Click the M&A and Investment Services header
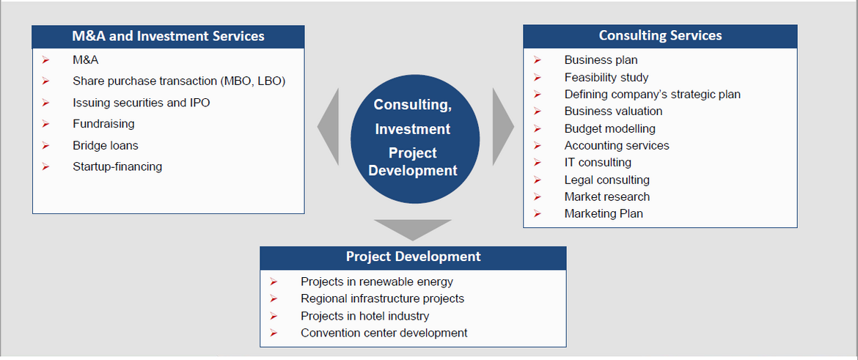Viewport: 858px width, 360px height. click(x=168, y=36)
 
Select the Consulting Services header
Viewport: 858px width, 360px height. click(x=660, y=36)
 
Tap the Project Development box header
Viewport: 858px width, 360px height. click(x=413, y=257)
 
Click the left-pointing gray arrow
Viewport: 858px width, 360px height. click(x=329, y=126)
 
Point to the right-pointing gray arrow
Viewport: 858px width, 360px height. click(x=503, y=126)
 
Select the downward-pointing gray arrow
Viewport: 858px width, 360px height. click(x=413, y=229)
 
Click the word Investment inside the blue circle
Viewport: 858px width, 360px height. click(x=413, y=129)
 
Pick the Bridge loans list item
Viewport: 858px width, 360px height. click(x=106, y=145)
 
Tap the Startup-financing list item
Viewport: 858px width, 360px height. click(x=117, y=167)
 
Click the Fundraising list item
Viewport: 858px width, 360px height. click(x=103, y=124)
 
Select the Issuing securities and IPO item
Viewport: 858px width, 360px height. click(x=142, y=103)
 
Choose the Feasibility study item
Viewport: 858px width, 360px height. click(x=606, y=78)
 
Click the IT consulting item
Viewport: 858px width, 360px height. click(x=598, y=163)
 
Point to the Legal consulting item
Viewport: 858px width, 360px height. click(x=607, y=180)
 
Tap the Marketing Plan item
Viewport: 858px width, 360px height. click(x=604, y=214)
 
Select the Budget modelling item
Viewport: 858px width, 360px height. click(x=609, y=129)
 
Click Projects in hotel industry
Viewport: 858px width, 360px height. click(x=365, y=316)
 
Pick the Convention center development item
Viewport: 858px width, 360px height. click(x=384, y=333)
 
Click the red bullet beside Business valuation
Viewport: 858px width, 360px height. click(x=538, y=111)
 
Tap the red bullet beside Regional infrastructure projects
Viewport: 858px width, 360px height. click(x=274, y=298)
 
